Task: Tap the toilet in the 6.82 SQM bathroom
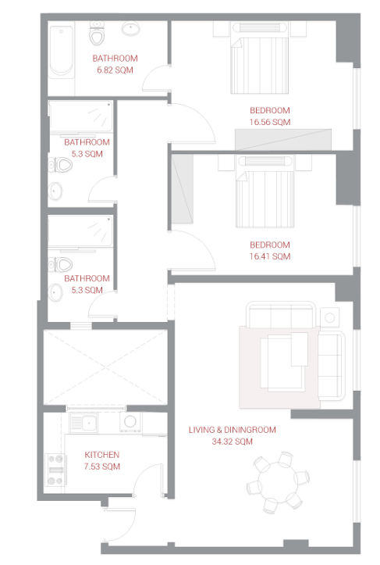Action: (x=97, y=33)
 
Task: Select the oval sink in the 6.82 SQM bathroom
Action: (x=130, y=28)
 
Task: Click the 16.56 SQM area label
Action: (x=270, y=122)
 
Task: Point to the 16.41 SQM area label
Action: (x=270, y=256)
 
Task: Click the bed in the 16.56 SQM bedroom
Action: (x=260, y=58)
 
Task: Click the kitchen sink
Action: (x=83, y=423)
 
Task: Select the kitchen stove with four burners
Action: (x=56, y=470)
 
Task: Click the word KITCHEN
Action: (x=102, y=455)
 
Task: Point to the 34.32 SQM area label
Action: (x=232, y=442)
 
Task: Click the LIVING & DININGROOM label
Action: (x=232, y=430)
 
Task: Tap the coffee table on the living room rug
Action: (x=284, y=361)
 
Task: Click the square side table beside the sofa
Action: (x=329, y=317)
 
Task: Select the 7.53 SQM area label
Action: (x=102, y=467)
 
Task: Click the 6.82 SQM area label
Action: (x=115, y=70)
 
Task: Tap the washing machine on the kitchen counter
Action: (x=130, y=421)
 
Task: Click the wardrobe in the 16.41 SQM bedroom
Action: (x=182, y=189)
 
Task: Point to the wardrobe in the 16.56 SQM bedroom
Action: (x=283, y=139)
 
